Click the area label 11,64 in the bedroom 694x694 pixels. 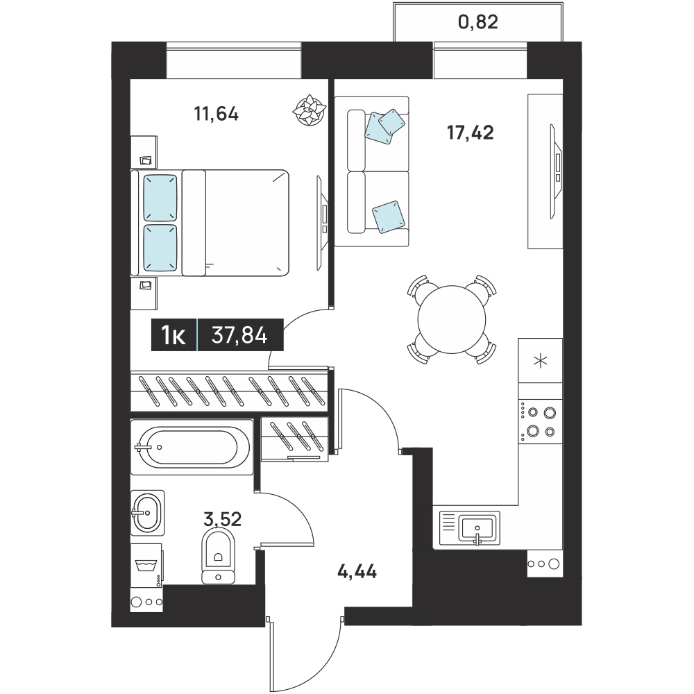pos(216,115)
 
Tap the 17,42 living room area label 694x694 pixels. pos(470,133)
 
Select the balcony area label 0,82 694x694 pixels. pos(478,22)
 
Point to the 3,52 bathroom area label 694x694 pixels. pos(222,518)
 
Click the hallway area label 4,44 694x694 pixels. pos(357,571)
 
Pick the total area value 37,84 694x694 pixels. pos(239,335)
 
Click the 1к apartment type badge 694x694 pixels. pos(173,335)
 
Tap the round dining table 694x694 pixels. pos(452,319)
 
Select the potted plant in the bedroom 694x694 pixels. pos(310,110)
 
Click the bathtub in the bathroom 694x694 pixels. pos(192,447)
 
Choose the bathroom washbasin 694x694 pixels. pos(147,513)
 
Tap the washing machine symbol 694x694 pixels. pos(146,566)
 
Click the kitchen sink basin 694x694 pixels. pos(477,527)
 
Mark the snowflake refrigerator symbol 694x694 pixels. pos(541,361)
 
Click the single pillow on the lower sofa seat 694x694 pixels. pos(388,217)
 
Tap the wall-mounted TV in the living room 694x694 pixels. pos(556,171)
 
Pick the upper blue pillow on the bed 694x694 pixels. pos(160,197)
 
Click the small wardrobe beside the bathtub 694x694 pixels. pos(295,439)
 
